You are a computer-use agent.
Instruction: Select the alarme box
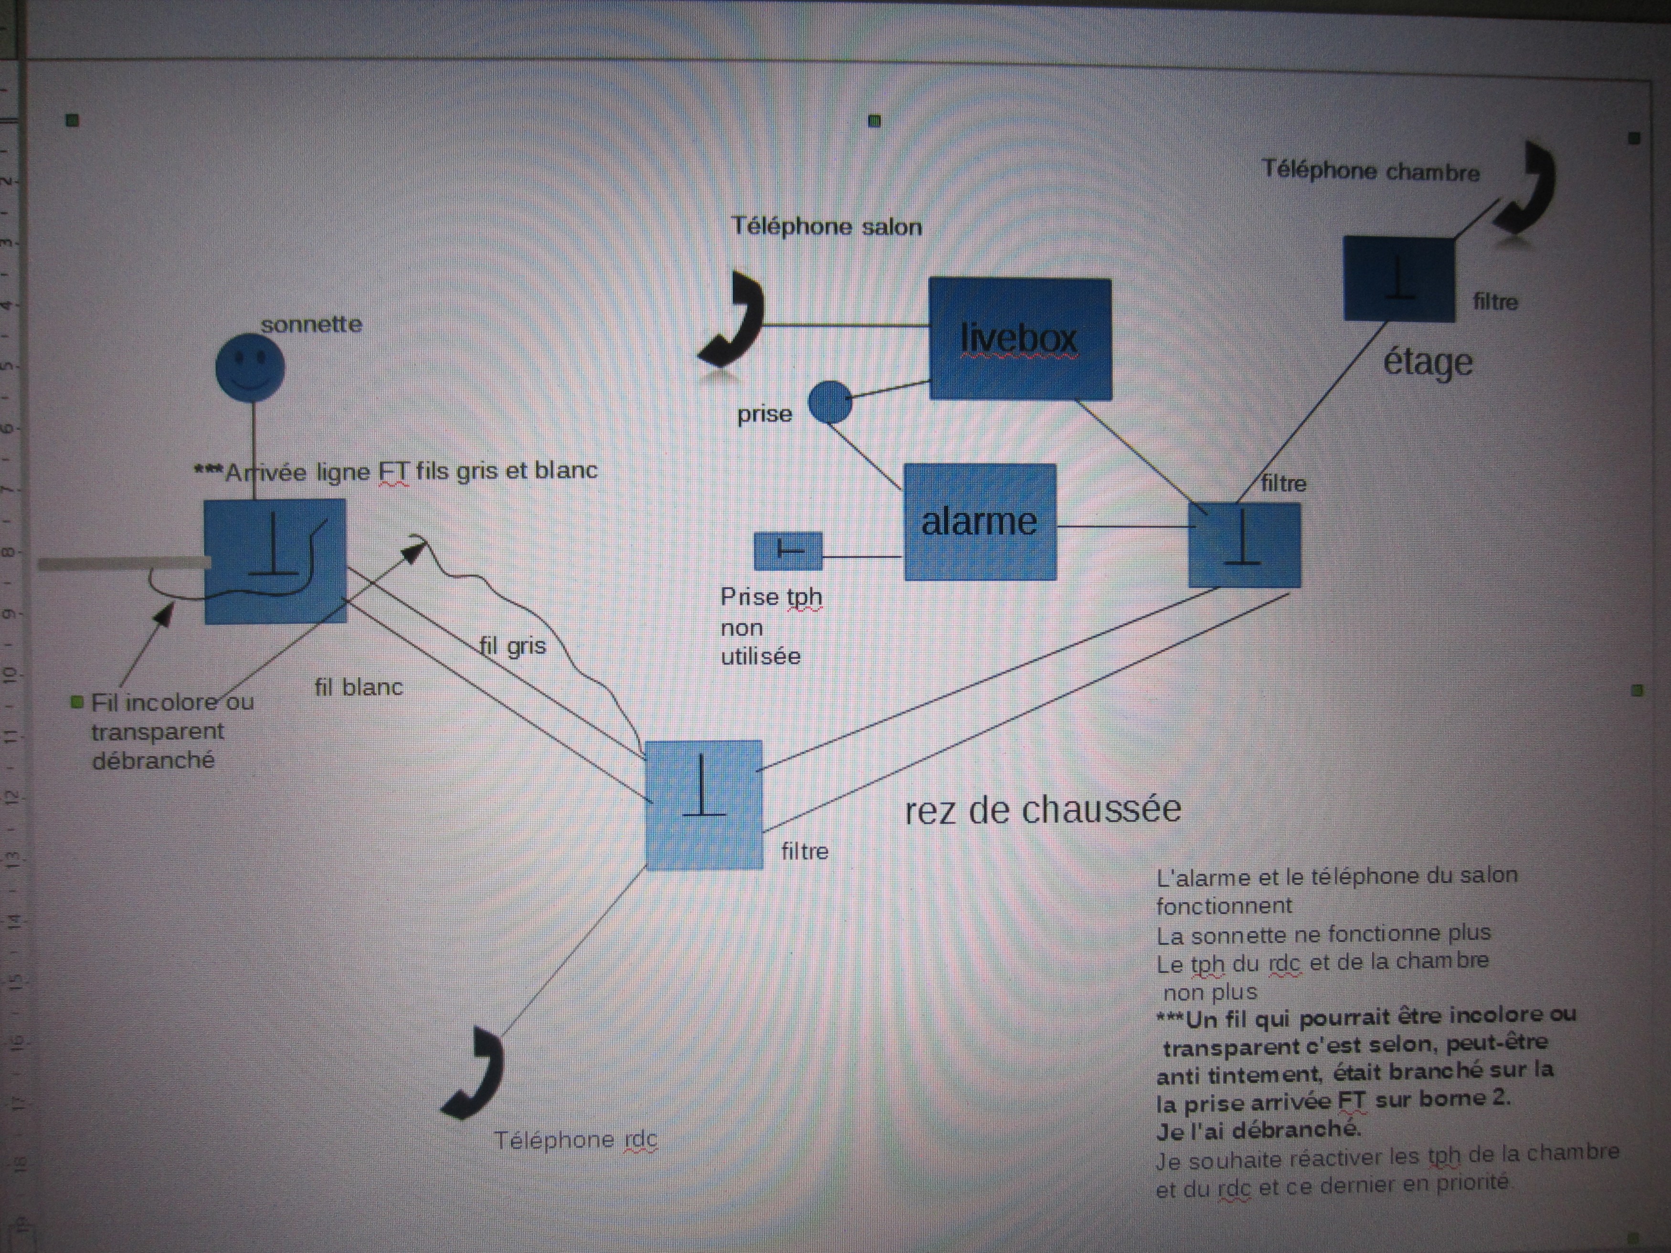980,522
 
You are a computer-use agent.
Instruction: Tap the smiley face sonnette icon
250,367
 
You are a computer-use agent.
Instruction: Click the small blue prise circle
829,402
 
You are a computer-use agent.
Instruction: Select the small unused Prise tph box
788,550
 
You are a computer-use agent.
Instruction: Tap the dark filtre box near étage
1398,279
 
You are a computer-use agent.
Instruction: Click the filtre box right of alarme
1244,545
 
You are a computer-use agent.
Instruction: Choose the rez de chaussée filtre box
703,804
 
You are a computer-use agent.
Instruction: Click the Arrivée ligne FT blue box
275,561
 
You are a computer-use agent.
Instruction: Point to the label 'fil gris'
512,646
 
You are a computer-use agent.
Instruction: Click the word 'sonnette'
311,325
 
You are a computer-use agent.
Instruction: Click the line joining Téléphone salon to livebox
846,326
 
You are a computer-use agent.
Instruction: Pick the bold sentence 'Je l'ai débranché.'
1258,1130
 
